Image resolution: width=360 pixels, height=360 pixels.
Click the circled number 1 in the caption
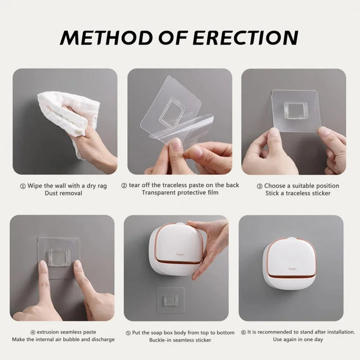[23, 186]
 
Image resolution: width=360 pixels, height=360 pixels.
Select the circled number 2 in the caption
[124, 185]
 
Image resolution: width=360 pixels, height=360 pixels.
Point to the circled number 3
[260, 186]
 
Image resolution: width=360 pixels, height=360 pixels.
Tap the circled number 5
[128, 333]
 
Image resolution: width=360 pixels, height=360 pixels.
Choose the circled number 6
[243, 332]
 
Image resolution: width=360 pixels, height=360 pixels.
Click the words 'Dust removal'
[63, 193]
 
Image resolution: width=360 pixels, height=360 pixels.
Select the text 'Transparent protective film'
[180, 193]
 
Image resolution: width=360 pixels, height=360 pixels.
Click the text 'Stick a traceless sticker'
[298, 193]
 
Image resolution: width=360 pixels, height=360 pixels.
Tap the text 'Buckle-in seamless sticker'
[180, 340]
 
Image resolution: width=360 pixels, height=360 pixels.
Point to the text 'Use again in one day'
[298, 340]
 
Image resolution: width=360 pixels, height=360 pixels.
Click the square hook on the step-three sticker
[296, 110]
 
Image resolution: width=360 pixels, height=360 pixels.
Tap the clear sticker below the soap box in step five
[171, 300]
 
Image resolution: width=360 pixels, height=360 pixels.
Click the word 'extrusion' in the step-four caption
[47, 332]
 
